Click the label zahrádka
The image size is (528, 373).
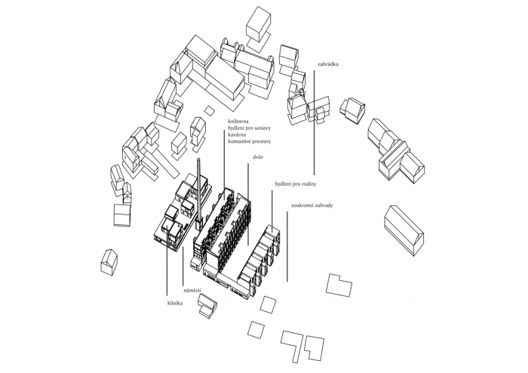pos(327,65)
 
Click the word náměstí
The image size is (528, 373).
pos(192,290)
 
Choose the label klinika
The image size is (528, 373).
pos(175,303)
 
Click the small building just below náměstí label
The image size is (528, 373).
pos(207,305)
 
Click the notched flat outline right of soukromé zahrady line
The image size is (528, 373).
pos(339,285)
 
